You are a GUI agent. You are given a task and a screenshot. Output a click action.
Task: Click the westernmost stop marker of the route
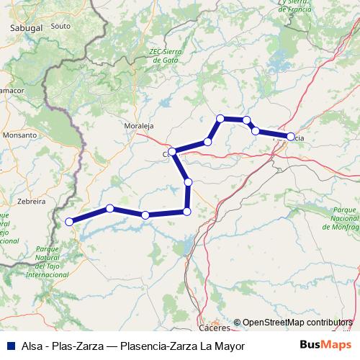coord(69,222)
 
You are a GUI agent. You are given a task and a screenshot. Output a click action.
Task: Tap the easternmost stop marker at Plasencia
coord(291,136)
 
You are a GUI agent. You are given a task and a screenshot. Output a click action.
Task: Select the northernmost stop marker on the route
coord(220,118)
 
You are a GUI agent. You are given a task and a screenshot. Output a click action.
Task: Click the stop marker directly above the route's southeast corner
coord(188,182)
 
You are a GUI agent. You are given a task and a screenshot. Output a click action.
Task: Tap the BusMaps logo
coord(327,345)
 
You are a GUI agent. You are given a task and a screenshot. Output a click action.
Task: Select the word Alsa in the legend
coord(31,346)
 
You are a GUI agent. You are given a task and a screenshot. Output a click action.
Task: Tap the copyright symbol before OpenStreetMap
coord(237,323)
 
